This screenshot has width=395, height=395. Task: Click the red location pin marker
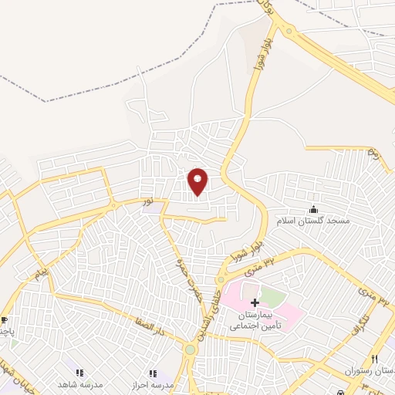point(198,181)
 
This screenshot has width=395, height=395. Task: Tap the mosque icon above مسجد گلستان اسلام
point(313,210)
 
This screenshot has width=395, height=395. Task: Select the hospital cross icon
point(255,302)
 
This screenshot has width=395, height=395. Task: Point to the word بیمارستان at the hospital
point(256,316)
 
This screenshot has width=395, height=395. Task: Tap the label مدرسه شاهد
point(79,384)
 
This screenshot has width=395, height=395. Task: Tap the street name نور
point(147,202)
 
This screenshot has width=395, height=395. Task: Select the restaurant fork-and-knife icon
point(374,360)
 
